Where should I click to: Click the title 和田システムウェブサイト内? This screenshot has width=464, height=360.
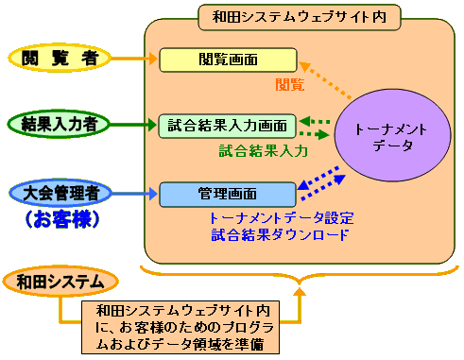tap(301, 16)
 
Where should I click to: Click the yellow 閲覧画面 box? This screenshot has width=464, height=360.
tap(228, 60)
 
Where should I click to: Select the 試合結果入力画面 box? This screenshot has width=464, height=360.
tap(228, 125)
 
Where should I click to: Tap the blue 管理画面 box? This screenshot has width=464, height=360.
tap(228, 195)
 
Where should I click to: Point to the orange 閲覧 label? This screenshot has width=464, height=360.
tap(289, 84)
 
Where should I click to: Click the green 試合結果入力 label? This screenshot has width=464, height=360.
tap(264, 149)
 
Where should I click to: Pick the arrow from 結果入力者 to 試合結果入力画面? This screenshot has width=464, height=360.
tap(138, 124)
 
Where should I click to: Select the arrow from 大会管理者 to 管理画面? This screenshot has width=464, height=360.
tap(138, 195)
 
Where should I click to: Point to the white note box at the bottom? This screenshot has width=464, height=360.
tap(186, 327)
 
